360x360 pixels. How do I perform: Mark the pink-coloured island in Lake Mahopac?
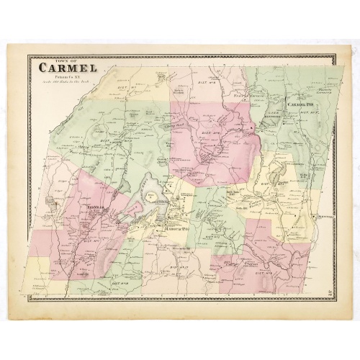[153, 207]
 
